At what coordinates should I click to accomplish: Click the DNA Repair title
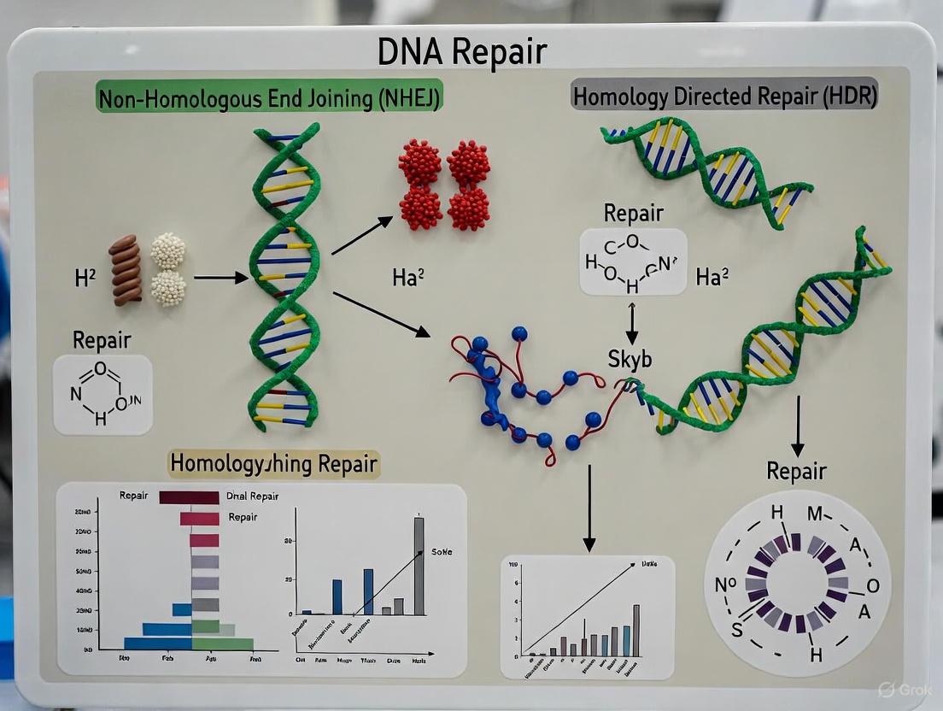click(x=462, y=52)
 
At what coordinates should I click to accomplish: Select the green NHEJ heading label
click(x=269, y=98)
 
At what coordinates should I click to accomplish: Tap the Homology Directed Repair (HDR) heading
click(x=724, y=96)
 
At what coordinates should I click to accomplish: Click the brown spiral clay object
click(x=126, y=269)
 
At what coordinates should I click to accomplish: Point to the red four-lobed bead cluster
click(x=444, y=185)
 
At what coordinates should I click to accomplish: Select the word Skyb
click(x=630, y=359)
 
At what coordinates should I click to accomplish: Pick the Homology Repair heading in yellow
click(x=273, y=463)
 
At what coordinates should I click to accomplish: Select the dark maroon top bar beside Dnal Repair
click(x=189, y=497)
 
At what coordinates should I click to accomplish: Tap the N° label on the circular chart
click(x=725, y=585)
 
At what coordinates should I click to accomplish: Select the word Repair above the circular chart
click(x=796, y=471)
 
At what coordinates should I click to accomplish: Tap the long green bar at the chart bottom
click(x=222, y=643)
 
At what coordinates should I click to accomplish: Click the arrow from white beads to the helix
click(x=220, y=278)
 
